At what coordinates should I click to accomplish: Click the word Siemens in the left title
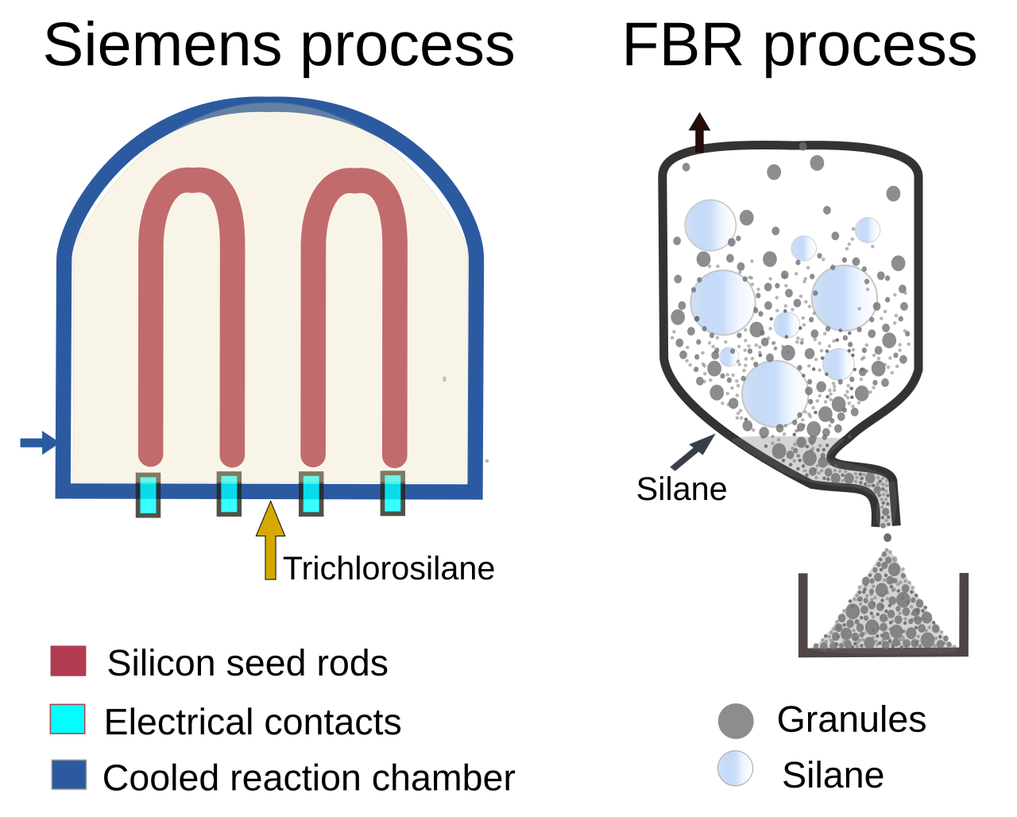pos(163,45)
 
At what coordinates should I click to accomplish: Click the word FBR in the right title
pos(683,45)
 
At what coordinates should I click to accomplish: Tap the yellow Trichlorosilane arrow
pos(270,540)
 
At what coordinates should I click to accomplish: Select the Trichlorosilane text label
pos(389,568)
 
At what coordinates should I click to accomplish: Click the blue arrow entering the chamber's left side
pos(38,443)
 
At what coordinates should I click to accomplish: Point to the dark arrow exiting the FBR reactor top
pos(699,133)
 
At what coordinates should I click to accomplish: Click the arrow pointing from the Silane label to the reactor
pos(693,452)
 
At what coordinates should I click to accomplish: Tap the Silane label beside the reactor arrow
pos(682,489)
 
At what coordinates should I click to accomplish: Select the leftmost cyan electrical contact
pos(148,494)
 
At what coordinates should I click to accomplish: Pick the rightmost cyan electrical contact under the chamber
pos(392,493)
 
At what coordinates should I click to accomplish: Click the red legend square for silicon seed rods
pos(68,660)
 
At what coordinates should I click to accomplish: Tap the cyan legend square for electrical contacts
pos(68,718)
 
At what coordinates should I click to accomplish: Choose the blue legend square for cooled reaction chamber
pos(69,774)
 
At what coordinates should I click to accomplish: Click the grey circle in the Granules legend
pos(736,721)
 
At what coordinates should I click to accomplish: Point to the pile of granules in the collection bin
pos(883,610)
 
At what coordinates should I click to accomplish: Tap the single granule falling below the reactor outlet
pos(887,537)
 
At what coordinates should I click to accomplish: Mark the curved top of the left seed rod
pos(191,180)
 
